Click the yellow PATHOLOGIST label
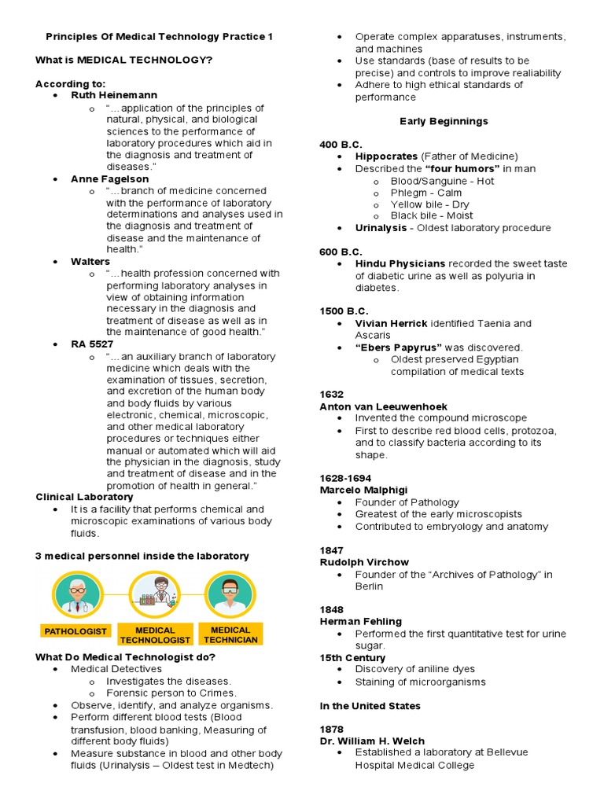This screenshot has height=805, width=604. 75,631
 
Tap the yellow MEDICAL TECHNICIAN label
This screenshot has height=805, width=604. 230,634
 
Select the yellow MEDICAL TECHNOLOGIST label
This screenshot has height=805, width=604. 155,635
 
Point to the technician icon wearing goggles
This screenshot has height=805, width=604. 229,594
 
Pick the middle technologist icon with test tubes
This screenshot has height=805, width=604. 155,594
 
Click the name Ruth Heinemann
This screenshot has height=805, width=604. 114,95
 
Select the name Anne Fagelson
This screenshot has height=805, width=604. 109,178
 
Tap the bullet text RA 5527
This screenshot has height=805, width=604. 92,344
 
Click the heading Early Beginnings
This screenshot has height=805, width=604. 444,121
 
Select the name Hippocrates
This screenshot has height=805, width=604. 386,156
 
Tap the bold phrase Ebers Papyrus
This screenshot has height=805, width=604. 398,347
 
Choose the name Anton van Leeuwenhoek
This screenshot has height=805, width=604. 383,406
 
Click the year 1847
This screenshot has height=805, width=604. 332,550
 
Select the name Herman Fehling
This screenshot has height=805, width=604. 360,622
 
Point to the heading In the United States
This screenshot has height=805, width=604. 370,706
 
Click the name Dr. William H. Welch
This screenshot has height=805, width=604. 372,741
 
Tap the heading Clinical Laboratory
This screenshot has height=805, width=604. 84,497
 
